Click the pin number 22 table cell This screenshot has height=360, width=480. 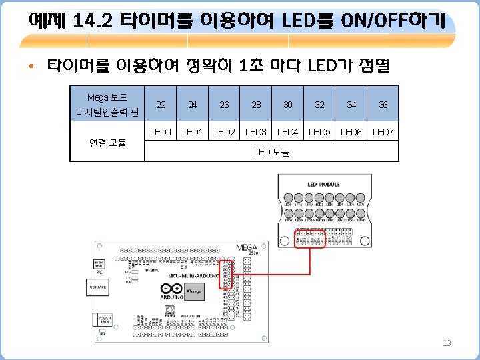tap(161, 105)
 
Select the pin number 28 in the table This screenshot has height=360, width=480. tap(256, 105)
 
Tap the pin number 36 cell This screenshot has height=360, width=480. tap(383, 105)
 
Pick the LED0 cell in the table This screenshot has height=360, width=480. tap(161, 132)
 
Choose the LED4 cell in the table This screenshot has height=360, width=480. tap(288, 132)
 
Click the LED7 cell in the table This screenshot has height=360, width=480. tap(383, 132)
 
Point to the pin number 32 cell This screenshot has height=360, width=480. tap(320, 105)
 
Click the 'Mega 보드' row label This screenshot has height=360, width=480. tap(107, 97)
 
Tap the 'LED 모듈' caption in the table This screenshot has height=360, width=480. tap(271, 153)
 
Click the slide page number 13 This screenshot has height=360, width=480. tap(447, 343)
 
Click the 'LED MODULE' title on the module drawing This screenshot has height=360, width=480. tap(323, 184)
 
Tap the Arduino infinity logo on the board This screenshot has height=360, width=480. tap(170, 289)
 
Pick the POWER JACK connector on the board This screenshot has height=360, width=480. tap(105, 319)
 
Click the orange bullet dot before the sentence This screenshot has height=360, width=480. tap(31, 67)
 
